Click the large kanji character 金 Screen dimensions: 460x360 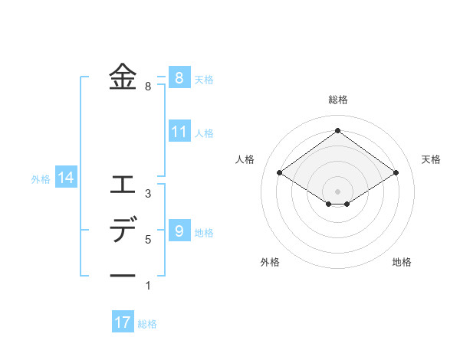pos(123,77)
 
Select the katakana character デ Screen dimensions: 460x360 pos(123,230)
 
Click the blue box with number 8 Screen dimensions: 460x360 pos(179,77)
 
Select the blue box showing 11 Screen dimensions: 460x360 pos(179,131)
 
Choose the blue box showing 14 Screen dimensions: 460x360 pos(66,178)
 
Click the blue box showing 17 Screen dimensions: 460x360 pos(123,322)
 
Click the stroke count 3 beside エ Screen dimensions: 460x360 pos(148,194)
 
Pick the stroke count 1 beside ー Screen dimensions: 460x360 pos(148,286)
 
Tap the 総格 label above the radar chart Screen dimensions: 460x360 pos(337,100)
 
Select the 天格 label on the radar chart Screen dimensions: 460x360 pos(431,159)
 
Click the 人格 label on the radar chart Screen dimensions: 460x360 pos(245,159)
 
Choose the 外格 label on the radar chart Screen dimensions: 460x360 pos(270,262)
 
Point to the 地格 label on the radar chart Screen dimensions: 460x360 pos(402,262)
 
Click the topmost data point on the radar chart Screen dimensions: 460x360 pos(337,130)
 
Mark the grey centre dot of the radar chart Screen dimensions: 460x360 pos(337,191)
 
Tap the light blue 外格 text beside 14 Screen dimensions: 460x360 pos(41,179)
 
